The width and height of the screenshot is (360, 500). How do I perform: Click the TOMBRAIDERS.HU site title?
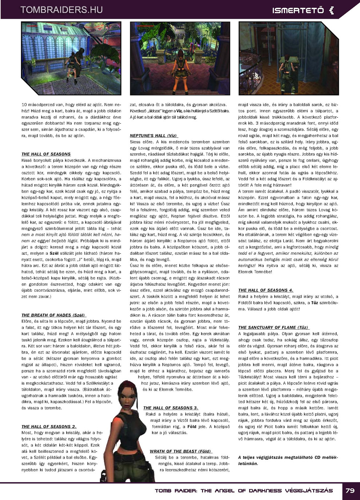(x=61, y=10)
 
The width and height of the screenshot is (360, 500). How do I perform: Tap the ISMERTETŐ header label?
(x=298, y=11)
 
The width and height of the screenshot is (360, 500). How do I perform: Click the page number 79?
(x=350, y=491)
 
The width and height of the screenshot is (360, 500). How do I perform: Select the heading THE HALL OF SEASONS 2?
(x=49, y=427)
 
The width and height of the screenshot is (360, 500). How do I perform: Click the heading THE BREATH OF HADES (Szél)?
(x=53, y=315)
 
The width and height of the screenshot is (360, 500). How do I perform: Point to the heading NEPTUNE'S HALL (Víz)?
(x=153, y=136)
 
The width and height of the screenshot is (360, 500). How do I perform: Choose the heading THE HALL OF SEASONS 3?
(x=171, y=408)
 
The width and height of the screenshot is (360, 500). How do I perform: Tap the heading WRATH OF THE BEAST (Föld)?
(x=180, y=451)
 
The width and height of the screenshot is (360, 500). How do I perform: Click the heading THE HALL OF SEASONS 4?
(x=265, y=290)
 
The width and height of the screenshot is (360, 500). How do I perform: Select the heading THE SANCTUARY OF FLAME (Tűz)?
(x=273, y=327)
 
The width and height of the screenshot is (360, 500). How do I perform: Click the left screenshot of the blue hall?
(x=71, y=58)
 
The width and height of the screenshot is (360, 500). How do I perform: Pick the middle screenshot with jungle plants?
(x=180, y=58)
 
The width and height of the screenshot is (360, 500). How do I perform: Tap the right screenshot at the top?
(x=289, y=58)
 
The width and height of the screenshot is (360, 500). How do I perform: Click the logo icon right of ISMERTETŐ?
(x=331, y=11)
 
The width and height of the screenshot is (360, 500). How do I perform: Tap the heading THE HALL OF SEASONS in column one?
(x=46, y=154)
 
